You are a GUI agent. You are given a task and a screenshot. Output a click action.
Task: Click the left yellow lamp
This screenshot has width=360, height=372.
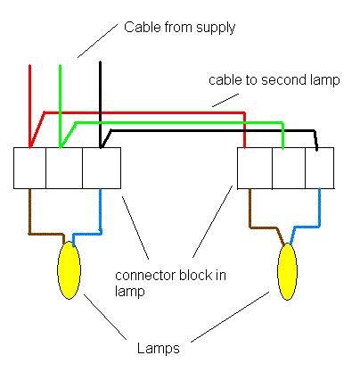[69, 270]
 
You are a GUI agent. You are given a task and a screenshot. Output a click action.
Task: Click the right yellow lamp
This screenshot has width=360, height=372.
[287, 271]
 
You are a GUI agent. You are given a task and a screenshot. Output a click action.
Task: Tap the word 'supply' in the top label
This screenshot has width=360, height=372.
[216, 28]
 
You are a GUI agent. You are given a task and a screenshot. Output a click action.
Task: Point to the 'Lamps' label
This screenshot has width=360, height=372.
[159, 348]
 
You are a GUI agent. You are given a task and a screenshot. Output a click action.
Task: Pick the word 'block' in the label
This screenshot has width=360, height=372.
[190, 275]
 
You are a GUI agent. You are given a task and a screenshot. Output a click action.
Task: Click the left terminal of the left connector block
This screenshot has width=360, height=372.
[29, 168]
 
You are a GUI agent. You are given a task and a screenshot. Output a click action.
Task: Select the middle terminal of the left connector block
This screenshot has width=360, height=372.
[64, 168]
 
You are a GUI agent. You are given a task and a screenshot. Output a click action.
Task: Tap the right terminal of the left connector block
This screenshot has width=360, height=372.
[102, 168]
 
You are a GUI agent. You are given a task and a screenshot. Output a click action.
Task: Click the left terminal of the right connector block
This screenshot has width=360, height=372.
[255, 168]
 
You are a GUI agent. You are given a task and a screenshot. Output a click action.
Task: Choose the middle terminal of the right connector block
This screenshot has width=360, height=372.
[289, 168]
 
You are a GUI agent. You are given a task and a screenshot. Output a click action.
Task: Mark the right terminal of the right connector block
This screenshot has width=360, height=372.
[320, 168]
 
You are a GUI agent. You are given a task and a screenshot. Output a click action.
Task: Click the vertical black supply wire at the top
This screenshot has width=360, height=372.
[101, 104]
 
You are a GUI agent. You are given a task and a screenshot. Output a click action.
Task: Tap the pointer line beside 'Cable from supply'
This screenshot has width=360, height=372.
[97, 41]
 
